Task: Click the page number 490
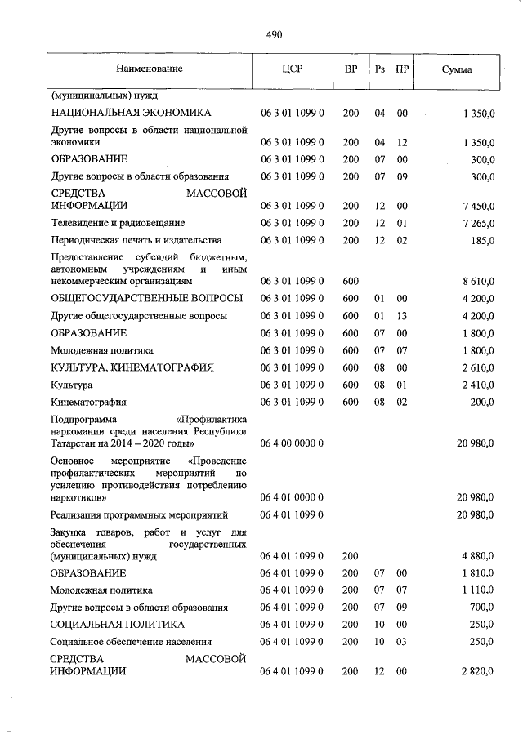[275, 34]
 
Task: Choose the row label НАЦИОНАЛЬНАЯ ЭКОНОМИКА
[132, 113]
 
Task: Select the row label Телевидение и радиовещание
[118, 223]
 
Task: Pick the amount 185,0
[481, 240]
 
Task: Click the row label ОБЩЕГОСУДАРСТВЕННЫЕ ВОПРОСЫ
[146, 298]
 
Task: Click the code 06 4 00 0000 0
[293, 443]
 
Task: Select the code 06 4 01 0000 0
[293, 496]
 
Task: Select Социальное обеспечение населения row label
[132, 642]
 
